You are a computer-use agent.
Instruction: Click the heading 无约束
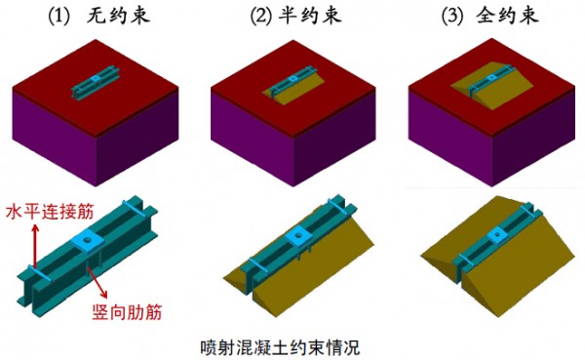118,16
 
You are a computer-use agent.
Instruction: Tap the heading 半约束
310,16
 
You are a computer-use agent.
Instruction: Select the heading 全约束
507,16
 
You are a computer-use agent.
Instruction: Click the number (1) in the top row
59,17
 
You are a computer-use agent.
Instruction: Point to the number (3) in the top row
452,17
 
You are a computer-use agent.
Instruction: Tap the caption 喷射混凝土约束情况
280,347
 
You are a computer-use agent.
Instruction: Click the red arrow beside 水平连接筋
35,246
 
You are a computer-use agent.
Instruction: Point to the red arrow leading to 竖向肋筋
97,279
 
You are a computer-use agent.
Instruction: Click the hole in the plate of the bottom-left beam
88,239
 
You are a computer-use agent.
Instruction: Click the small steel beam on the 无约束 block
96,83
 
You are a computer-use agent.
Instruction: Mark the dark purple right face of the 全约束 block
533,140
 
